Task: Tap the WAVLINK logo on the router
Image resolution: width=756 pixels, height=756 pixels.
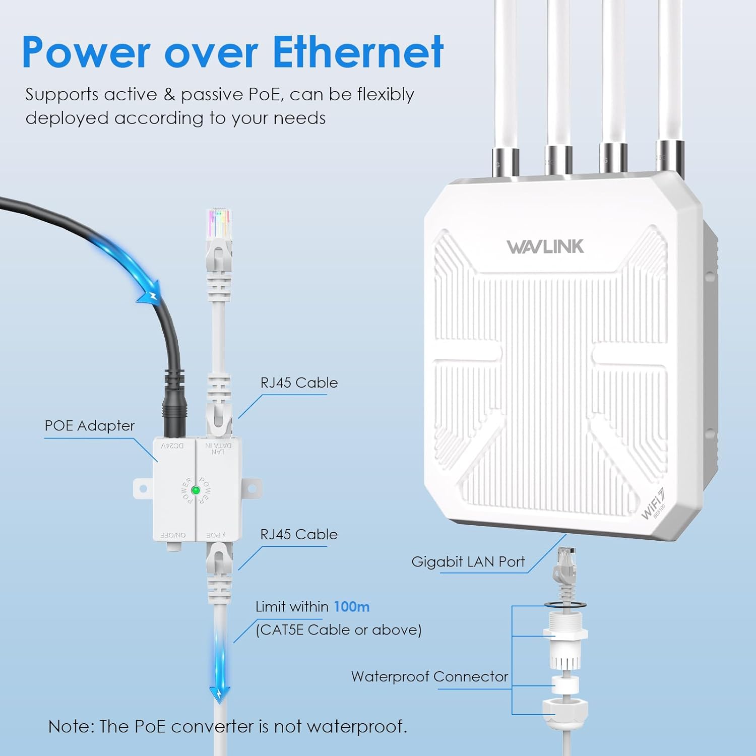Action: (x=545, y=246)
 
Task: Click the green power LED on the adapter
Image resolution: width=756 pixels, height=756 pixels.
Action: (x=196, y=490)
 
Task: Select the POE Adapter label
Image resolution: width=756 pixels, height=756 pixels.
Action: (x=90, y=426)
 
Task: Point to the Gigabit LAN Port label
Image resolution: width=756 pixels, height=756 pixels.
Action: (x=468, y=561)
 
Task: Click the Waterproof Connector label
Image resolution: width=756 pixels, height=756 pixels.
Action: (x=429, y=676)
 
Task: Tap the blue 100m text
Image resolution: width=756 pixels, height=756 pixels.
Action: (x=351, y=606)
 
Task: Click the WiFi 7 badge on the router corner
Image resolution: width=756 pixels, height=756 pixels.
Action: (x=654, y=504)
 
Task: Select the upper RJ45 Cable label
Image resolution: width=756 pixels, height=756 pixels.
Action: (x=299, y=383)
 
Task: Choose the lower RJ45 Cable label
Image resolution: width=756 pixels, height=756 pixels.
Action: (x=299, y=534)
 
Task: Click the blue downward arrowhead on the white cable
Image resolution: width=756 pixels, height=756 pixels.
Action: (x=220, y=694)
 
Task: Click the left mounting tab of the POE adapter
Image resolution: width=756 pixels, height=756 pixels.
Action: (x=143, y=488)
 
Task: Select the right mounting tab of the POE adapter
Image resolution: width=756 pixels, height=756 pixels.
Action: (x=252, y=488)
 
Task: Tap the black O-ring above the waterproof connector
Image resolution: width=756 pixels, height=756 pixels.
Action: (x=565, y=604)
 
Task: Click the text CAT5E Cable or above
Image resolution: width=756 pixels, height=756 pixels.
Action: (x=339, y=630)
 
